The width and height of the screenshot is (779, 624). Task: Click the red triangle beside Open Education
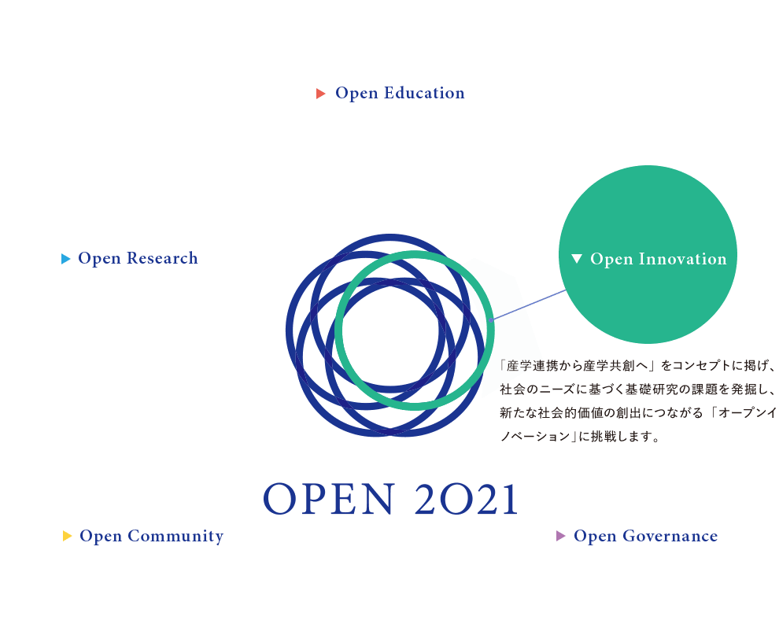321,94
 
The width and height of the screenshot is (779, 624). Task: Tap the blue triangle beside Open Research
66,259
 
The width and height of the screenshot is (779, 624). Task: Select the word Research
162,258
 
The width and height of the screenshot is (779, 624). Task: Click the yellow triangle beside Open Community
68,537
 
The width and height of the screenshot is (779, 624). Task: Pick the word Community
175,537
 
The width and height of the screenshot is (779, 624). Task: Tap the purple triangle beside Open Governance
561,537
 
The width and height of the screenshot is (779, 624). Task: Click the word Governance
670,537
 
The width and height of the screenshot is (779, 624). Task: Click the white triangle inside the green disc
577,259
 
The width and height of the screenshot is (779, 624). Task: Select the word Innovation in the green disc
682,259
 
